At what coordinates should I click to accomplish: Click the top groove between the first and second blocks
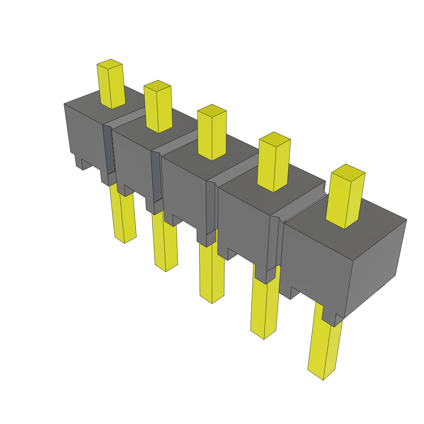pos(126,118)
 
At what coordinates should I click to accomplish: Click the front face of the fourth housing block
pos(242,224)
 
